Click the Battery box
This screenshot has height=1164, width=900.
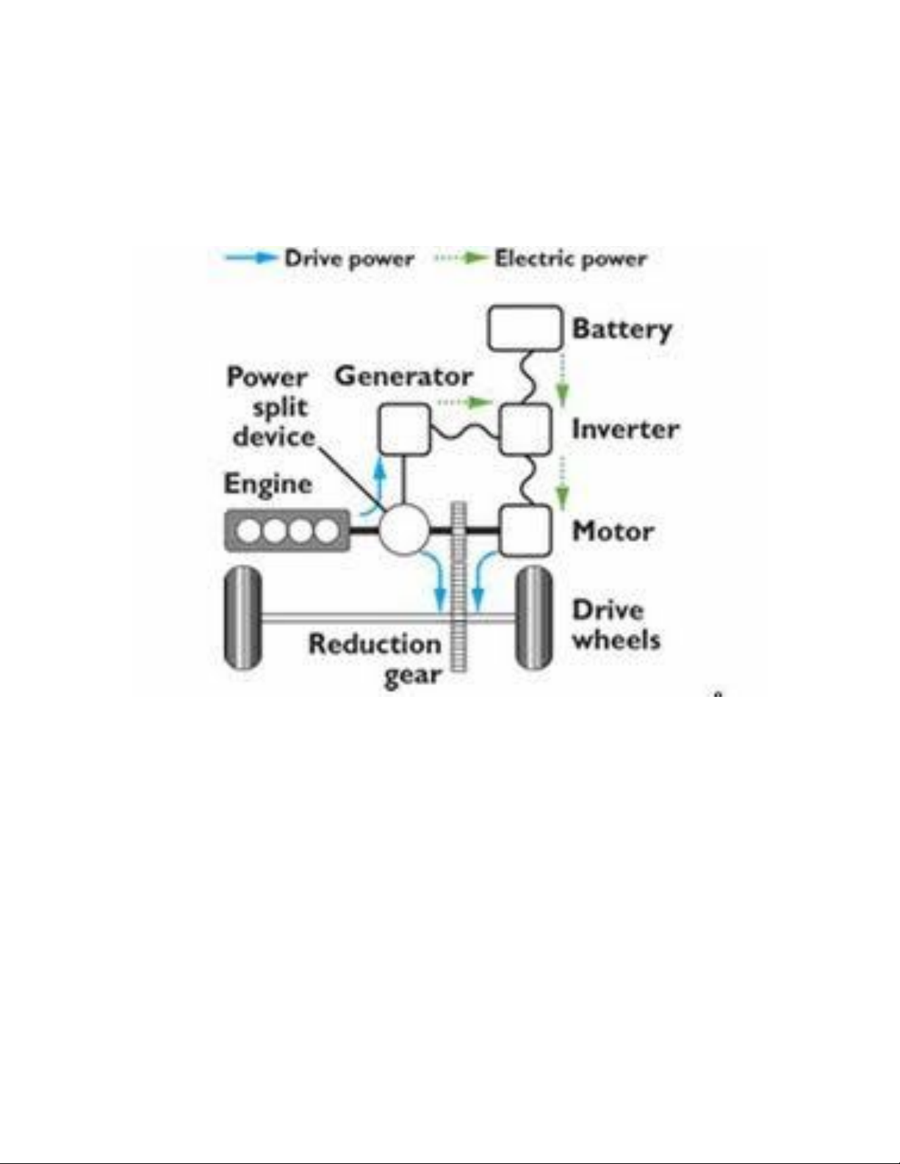[525, 328]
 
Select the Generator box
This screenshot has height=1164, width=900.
[405, 429]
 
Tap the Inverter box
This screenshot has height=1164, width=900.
[525, 429]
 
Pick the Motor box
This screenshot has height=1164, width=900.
[525, 530]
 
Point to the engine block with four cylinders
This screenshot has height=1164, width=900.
[288, 531]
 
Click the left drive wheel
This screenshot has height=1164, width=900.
[243, 619]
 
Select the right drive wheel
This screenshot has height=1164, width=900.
[534, 619]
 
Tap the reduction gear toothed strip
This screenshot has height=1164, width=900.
[458, 586]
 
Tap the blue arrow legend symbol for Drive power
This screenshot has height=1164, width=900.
[251, 259]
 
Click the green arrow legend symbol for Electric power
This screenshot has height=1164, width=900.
[461, 259]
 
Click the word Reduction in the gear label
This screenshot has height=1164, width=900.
[375, 644]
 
